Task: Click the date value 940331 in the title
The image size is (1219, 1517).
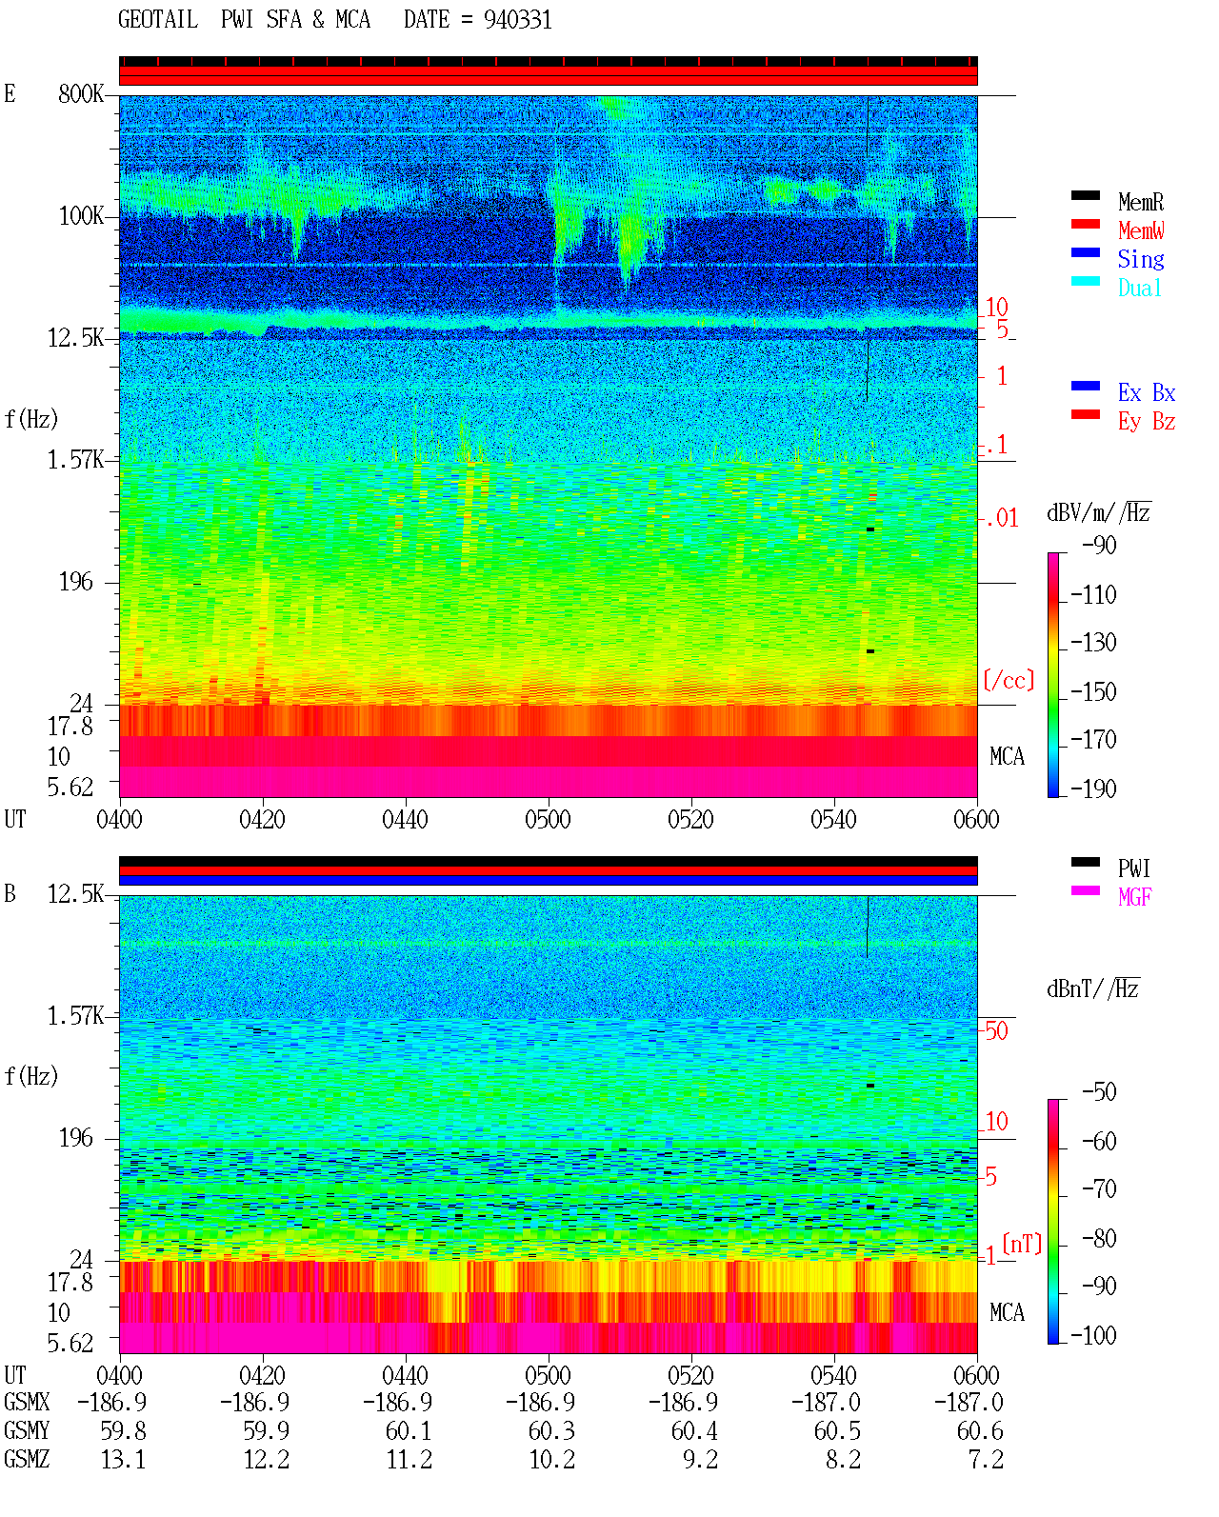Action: coord(517,20)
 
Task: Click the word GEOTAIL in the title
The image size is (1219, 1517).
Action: coord(158,20)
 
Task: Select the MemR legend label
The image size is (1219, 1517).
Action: coord(1141,202)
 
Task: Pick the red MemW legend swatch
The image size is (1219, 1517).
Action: coord(1085,224)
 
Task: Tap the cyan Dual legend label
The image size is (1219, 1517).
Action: coord(1140,288)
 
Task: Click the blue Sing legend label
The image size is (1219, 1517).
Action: coord(1141,259)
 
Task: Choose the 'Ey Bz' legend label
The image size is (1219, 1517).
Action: coord(1147,422)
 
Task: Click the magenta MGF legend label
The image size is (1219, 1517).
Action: coord(1135,897)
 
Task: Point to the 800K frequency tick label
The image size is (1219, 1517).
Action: coord(81,93)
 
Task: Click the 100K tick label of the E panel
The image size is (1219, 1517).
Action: coord(81,216)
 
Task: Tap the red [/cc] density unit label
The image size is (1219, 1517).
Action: coord(1009,680)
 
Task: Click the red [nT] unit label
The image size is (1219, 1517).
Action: coord(1022,1244)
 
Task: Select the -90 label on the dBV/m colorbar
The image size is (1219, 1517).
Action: coord(1099,545)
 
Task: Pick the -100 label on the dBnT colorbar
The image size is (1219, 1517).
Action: coord(1093,1335)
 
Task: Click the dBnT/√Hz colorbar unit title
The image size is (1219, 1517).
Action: coord(1093,989)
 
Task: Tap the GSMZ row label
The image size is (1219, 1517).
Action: coord(27,1459)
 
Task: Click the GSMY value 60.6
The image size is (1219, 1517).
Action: coord(980,1430)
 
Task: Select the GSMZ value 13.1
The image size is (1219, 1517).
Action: coord(124,1459)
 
